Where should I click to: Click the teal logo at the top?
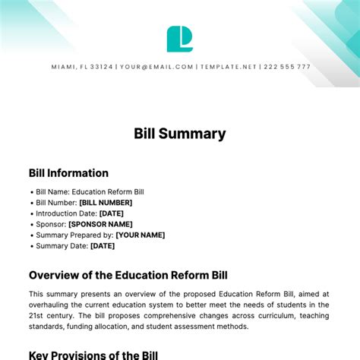[179, 39]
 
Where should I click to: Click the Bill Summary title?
[180, 134]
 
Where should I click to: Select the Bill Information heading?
[68, 173]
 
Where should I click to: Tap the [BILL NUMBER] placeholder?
[106, 203]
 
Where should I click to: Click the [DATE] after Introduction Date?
[112, 213]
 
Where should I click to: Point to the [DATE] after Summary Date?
[103, 245]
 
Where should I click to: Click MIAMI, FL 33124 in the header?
[81, 67]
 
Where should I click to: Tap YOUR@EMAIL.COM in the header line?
[156, 67]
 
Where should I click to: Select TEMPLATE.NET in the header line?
[228, 67]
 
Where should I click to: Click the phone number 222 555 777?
[287, 67]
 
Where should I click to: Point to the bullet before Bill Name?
[31, 192]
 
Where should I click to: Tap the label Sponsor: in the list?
[51, 224]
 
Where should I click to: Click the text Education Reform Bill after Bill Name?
[106, 192]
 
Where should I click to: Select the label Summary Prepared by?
[73, 235]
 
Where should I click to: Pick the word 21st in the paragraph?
[36, 315]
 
